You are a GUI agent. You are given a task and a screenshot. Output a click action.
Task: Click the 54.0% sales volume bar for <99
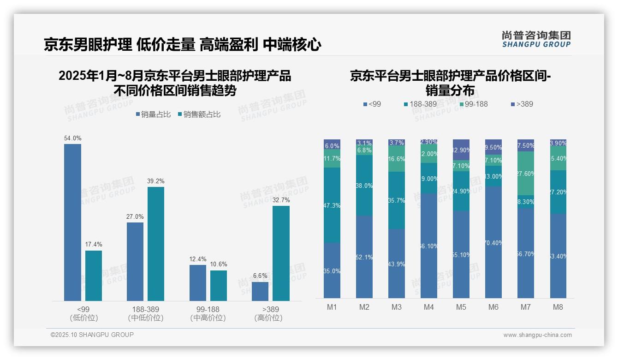(72, 222)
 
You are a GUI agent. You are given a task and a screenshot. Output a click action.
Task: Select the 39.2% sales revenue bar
(156, 244)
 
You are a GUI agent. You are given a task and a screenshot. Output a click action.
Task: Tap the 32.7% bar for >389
(281, 253)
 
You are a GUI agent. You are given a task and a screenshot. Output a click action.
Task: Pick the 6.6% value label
(260, 276)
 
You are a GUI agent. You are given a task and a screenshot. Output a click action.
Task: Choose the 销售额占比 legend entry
(199, 114)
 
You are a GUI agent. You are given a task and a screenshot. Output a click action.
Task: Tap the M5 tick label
(461, 307)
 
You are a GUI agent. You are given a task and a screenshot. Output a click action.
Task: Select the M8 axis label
(558, 307)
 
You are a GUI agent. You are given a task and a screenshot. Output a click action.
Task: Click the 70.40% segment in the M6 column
(493, 242)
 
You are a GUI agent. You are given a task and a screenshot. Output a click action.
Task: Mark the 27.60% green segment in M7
(526, 173)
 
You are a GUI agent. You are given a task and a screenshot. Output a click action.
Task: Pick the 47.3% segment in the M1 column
(332, 205)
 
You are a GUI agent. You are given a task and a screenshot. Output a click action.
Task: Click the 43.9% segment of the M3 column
(397, 264)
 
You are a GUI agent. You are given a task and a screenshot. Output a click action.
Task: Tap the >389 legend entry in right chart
(522, 104)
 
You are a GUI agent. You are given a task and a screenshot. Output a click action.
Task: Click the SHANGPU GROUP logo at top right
(536, 39)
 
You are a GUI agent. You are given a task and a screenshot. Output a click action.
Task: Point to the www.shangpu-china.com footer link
(537, 335)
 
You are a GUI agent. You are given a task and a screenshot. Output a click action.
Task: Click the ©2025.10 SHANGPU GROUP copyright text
(92, 335)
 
